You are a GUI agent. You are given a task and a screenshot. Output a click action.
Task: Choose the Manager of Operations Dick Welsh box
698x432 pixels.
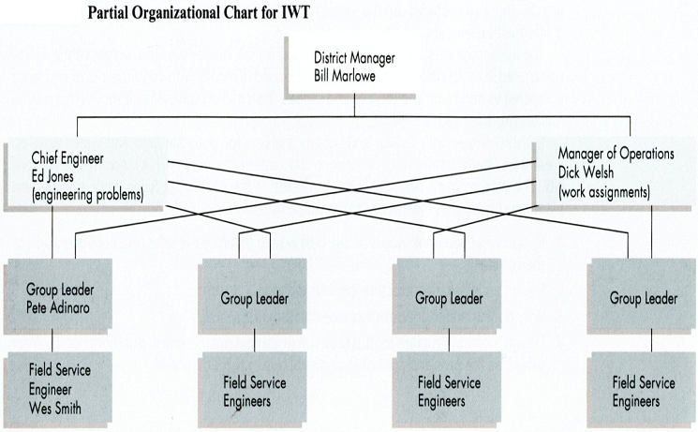[615, 173]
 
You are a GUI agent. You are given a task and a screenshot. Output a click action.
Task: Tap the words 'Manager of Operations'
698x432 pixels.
[615, 156]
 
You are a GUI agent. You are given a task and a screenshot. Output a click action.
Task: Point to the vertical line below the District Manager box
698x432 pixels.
[354, 106]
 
